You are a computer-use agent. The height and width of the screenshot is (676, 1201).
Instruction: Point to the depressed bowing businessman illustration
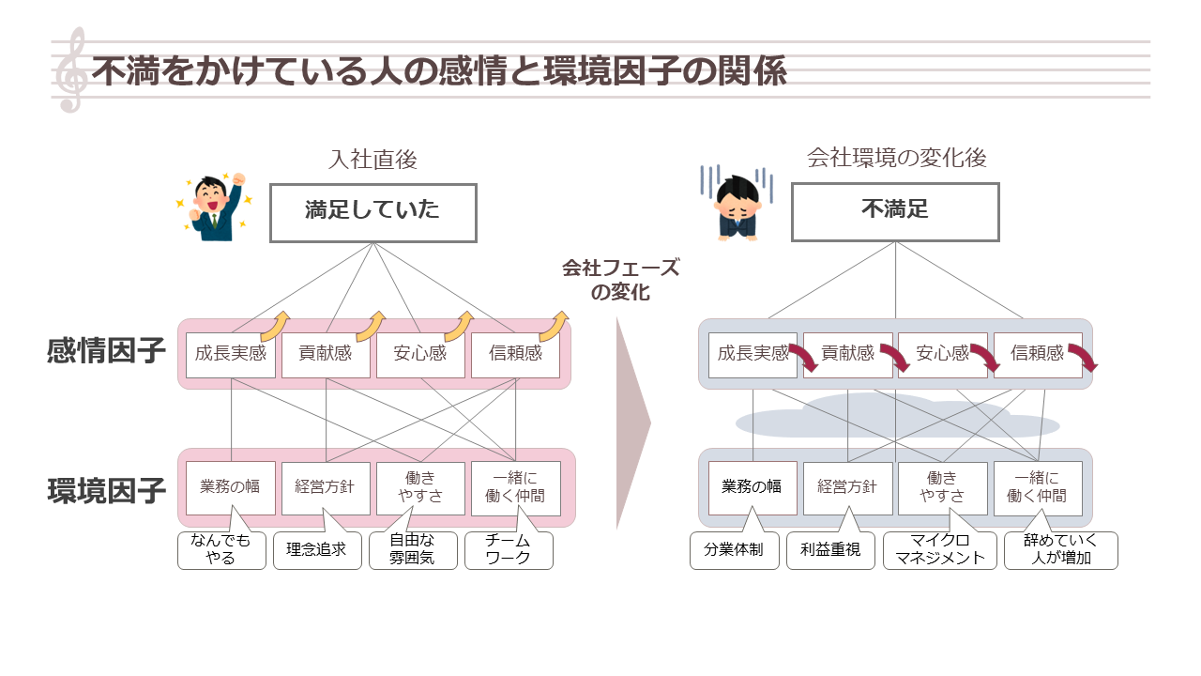pos(737,205)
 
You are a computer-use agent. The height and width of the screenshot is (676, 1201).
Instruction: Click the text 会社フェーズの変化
pos(620,280)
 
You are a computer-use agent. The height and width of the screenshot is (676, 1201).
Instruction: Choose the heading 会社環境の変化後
pos(896,159)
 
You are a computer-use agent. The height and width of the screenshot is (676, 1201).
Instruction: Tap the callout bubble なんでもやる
pos(220,549)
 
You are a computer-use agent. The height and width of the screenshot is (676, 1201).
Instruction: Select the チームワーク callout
pos(509,550)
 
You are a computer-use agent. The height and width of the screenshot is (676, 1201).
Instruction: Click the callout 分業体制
pos(727,550)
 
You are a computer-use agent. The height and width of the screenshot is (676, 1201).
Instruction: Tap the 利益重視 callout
pos(824,550)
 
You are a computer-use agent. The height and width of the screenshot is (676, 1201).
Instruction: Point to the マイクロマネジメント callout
pos(940,550)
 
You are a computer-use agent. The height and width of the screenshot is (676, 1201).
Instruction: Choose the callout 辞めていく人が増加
pos(1060,550)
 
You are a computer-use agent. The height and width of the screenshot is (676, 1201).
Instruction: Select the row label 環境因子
pos(106,490)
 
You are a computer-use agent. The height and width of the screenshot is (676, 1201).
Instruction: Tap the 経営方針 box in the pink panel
pos(326,488)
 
